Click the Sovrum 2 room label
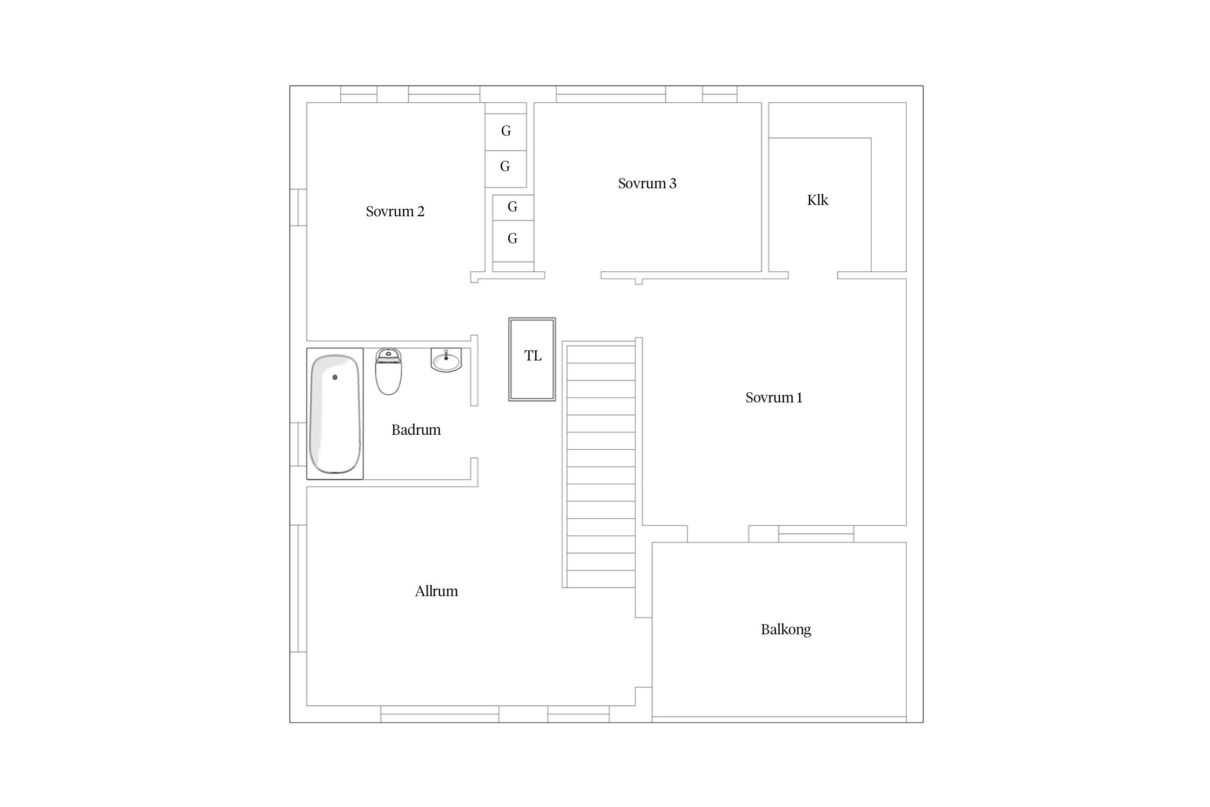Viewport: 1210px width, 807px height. point(395,211)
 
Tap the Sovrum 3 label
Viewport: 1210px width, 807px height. point(647,183)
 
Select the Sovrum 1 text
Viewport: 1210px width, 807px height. point(774,398)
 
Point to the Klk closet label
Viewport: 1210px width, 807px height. point(817,200)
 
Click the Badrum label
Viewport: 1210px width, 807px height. point(416,430)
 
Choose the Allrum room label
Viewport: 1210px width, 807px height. point(436,591)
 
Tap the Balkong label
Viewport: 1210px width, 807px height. point(786,629)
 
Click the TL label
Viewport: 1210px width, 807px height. point(533,356)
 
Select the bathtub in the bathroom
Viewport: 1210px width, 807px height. point(334,414)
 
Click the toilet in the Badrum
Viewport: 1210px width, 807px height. point(388,371)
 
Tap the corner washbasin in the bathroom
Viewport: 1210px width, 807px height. point(446,360)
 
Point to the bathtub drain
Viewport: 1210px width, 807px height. point(335,377)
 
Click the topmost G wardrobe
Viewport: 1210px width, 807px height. point(506,132)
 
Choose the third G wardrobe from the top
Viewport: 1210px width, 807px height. point(513,207)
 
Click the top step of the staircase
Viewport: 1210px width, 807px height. point(601,354)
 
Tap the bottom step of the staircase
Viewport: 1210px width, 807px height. point(601,579)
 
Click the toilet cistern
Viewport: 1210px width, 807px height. point(388,355)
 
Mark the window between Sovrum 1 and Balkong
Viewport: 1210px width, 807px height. point(816,534)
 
